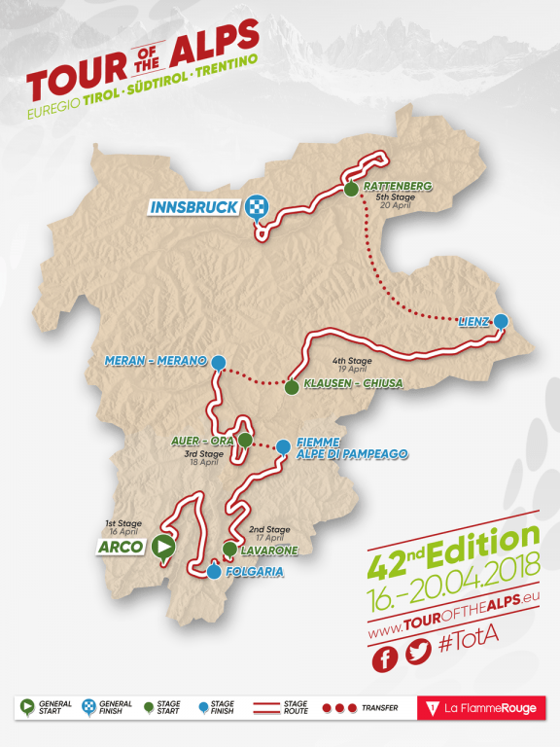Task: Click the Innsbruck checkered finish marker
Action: click(x=258, y=206)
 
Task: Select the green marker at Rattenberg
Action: click(x=350, y=189)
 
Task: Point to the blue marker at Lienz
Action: click(x=501, y=322)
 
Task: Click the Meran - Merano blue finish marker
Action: click(x=219, y=362)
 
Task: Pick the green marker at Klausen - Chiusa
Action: click(x=291, y=387)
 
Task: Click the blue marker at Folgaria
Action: click(x=213, y=572)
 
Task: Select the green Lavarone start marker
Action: click(x=228, y=550)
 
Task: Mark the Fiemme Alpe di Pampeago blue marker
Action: click(x=282, y=447)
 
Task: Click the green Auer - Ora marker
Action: click(x=245, y=441)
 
